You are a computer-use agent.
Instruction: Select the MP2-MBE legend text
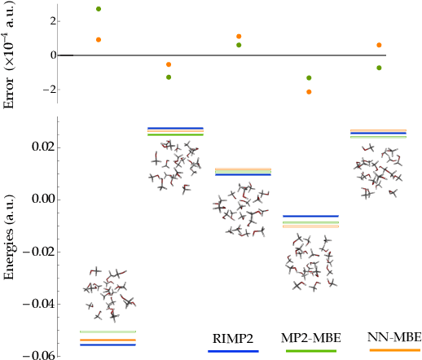313,338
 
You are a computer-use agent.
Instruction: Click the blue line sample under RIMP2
233,351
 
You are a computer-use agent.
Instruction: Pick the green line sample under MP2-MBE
313,351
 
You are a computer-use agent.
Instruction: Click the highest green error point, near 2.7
99,9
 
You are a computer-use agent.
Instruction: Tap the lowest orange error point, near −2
309,92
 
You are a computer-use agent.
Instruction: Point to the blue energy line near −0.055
108,345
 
